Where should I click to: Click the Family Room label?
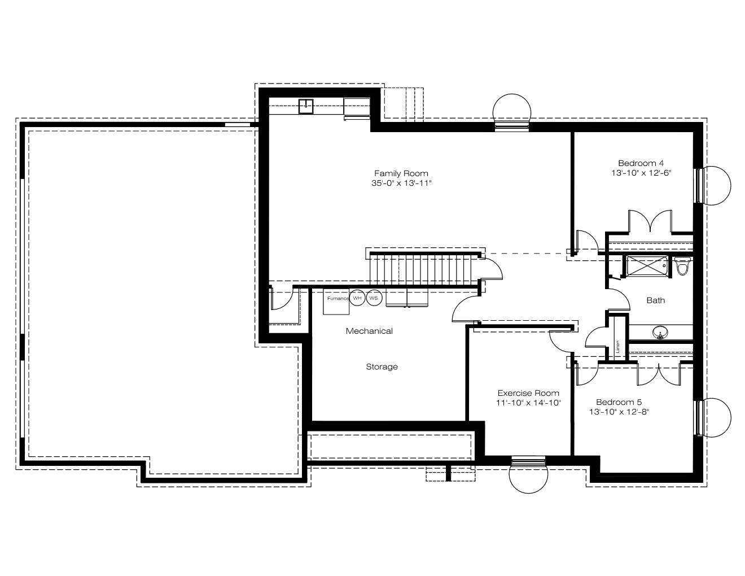pos(401,173)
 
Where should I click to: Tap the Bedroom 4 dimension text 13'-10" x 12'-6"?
pos(641,173)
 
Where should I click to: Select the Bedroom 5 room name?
pos(619,402)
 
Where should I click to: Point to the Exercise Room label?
pos(528,393)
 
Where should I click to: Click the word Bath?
pos(655,300)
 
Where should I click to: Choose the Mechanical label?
pos(369,331)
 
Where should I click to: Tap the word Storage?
pos(382,366)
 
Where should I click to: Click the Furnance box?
pos(336,302)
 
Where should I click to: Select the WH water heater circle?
pos(357,298)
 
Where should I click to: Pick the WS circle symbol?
pos(374,298)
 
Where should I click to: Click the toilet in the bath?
pos(682,266)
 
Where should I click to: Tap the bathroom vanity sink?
pos(660,332)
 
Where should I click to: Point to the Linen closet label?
pos(617,347)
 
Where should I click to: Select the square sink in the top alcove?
pos(306,106)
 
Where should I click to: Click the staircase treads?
pos(424,269)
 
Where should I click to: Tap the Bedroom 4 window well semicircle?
pos(717,186)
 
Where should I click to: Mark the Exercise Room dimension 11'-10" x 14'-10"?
pos(528,403)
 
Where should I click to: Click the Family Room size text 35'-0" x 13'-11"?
pos(401,183)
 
